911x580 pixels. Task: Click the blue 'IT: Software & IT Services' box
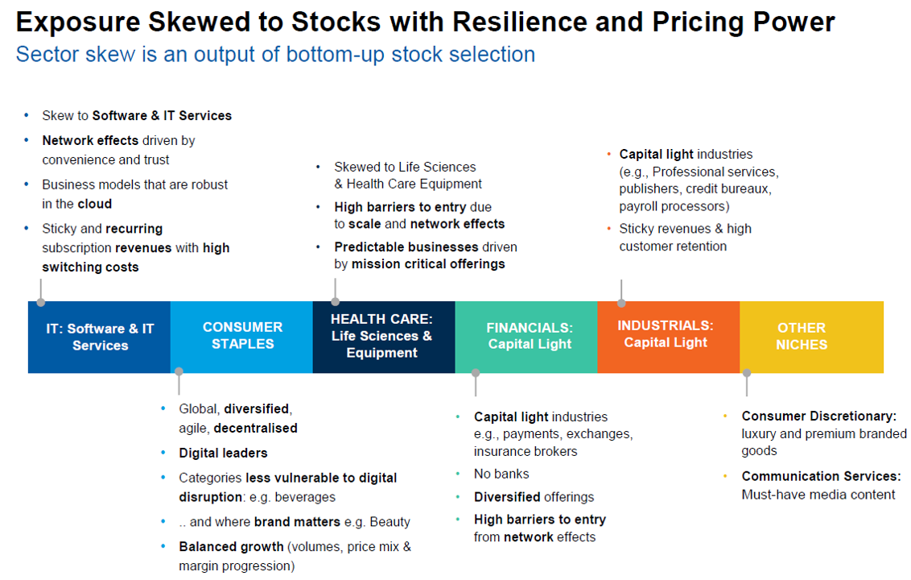point(100,337)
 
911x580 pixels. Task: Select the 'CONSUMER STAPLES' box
point(242,335)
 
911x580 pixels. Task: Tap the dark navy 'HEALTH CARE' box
point(382,336)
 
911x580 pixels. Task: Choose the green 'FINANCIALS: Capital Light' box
point(529,336)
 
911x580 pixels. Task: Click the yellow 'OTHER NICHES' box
point(802,336)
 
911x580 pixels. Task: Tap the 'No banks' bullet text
point(501,474)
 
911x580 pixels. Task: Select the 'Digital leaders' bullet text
point(223,453)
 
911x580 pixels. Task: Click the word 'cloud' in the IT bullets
point(94,204)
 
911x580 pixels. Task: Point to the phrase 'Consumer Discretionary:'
point(818,416)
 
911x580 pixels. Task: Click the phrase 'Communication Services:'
point(821,476)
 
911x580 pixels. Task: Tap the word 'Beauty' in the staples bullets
point(390,521)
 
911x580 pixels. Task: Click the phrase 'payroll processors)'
point(674,207)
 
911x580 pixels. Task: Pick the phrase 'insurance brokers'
point(526,451)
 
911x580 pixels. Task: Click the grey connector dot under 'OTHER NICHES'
point(746,373)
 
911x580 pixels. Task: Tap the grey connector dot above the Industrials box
point(620,303)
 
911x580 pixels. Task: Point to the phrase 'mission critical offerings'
point(419,264)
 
